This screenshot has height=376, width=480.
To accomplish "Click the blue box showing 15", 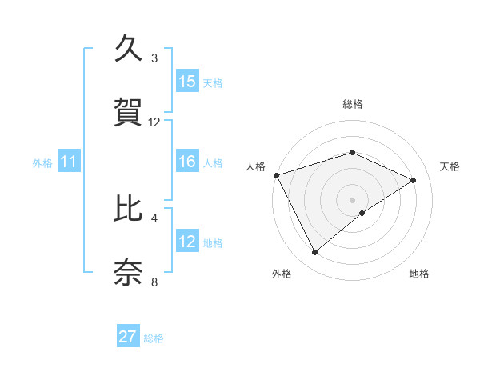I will coord(187,82).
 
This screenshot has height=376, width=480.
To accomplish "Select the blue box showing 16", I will coord(187,162).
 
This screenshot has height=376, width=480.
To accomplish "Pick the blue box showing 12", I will coord(187,242).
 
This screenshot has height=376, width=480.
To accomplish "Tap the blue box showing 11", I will coord(69,162).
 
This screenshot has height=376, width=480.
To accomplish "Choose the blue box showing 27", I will coord(128,337).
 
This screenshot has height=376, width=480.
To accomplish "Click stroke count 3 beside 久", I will coord(154,58).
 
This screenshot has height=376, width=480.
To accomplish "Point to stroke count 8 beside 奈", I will coord(154,282).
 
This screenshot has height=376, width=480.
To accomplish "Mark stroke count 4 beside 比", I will coord(154,218).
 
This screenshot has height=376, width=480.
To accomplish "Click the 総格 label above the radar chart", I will coord(353,104).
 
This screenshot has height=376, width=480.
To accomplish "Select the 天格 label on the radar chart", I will coord(450,166).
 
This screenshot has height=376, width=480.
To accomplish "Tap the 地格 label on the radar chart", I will coord(419,274).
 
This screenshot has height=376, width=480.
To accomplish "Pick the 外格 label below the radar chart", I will coord(282,274).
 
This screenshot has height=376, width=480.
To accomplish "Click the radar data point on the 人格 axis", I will coord(276,174).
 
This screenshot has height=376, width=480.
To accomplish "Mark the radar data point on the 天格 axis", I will coord(414,180).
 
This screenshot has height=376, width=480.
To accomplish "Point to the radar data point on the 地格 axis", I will coord(362,213).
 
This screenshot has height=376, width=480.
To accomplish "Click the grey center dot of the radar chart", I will coord(353,199).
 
